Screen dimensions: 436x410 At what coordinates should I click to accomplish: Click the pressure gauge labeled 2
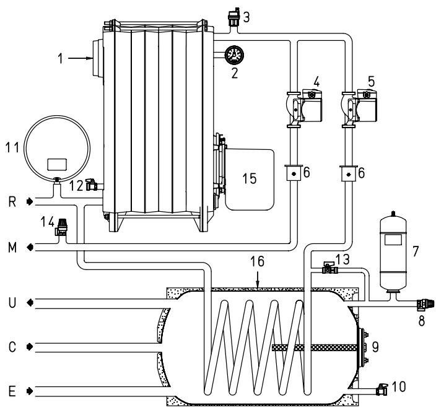(234, 55)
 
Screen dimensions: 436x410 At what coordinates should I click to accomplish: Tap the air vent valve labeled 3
(233, 17)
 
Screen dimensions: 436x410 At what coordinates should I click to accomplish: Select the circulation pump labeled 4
(304, 108)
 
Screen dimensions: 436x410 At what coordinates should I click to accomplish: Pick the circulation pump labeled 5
(359, 108)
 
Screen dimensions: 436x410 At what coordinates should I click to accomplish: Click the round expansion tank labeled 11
(57, 149)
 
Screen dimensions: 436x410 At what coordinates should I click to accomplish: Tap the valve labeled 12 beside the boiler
(92, 185)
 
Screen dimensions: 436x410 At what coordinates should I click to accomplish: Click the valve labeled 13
(329, 268)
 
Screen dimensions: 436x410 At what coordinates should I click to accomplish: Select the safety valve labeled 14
(61, 227)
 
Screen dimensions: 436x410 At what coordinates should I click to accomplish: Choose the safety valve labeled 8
(425, 304)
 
